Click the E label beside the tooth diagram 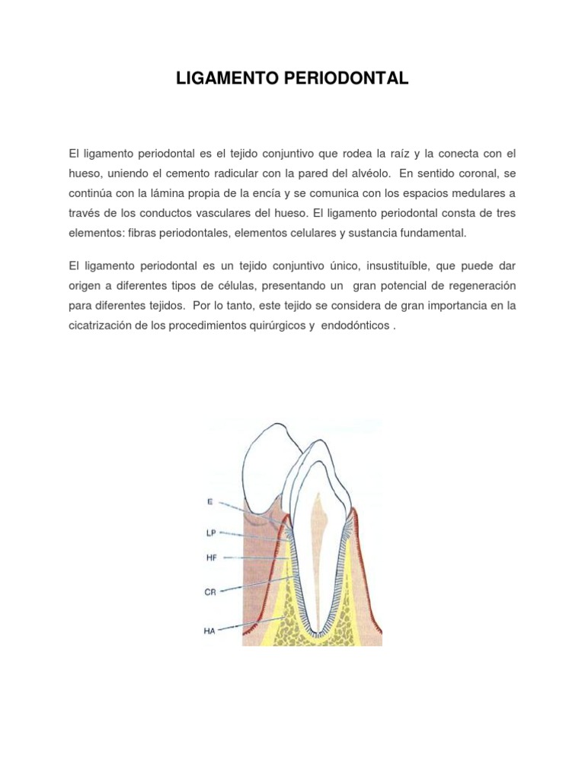pos(210,501)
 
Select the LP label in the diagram pos(212,533)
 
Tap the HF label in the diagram pos(212,558)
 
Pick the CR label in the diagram pos(212,591)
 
